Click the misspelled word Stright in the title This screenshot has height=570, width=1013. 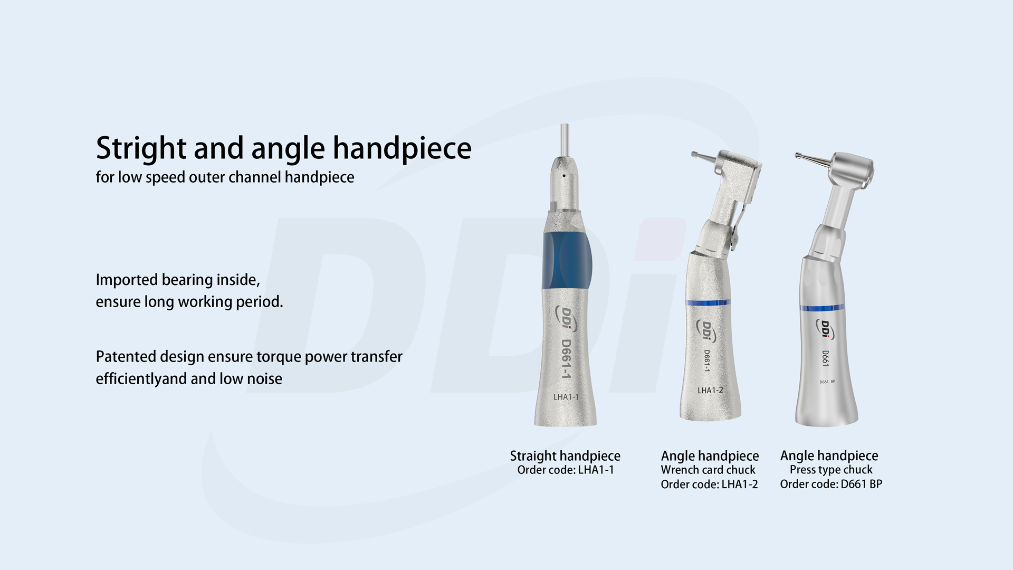tap(141, 148)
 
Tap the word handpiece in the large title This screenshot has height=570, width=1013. tap(402, 148)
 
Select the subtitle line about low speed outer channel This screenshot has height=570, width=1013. tap(225, 177)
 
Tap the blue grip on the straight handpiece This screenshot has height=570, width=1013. tap(567, 260)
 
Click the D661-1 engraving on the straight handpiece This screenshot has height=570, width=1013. tap(566, 359)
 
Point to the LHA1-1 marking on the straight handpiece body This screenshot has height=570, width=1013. tap(566, 397)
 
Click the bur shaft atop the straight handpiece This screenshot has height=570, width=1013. tap(565, 140)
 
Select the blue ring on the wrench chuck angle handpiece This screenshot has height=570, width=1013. tap(708, 302)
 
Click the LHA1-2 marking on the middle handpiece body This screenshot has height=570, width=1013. tap(710, 391)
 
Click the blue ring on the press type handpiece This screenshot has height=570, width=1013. tap(822, 308)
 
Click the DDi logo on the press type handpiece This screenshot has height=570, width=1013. tap(825, 329)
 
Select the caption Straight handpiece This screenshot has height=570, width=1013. tap(565, 456)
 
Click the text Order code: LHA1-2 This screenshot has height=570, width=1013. tap(709, 484)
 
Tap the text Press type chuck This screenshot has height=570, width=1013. tap(831, 470)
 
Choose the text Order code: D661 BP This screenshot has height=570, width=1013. tap(831, 484)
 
